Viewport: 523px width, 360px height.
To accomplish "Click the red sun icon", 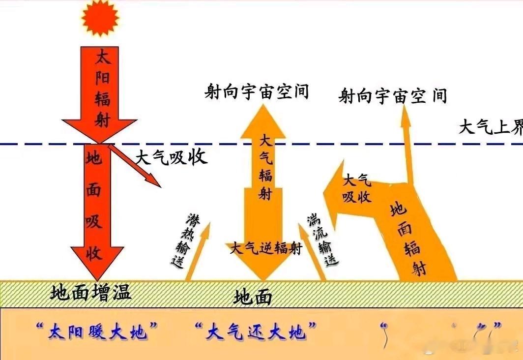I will tap(101, 17).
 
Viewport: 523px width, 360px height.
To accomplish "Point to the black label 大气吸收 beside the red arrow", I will tap(172, 157).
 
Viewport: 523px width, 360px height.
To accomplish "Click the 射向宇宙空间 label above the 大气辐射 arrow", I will tap(257, 91).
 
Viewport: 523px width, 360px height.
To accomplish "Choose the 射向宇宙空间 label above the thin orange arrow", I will tap(392, 95).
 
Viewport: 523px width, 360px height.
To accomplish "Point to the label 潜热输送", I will tap(185, 240).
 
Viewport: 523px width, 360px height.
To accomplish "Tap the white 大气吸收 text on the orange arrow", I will tap(357, 188).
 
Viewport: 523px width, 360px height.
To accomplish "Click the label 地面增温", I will tap(91, 293).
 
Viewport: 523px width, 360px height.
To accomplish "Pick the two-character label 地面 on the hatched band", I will tap(253, 297).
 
